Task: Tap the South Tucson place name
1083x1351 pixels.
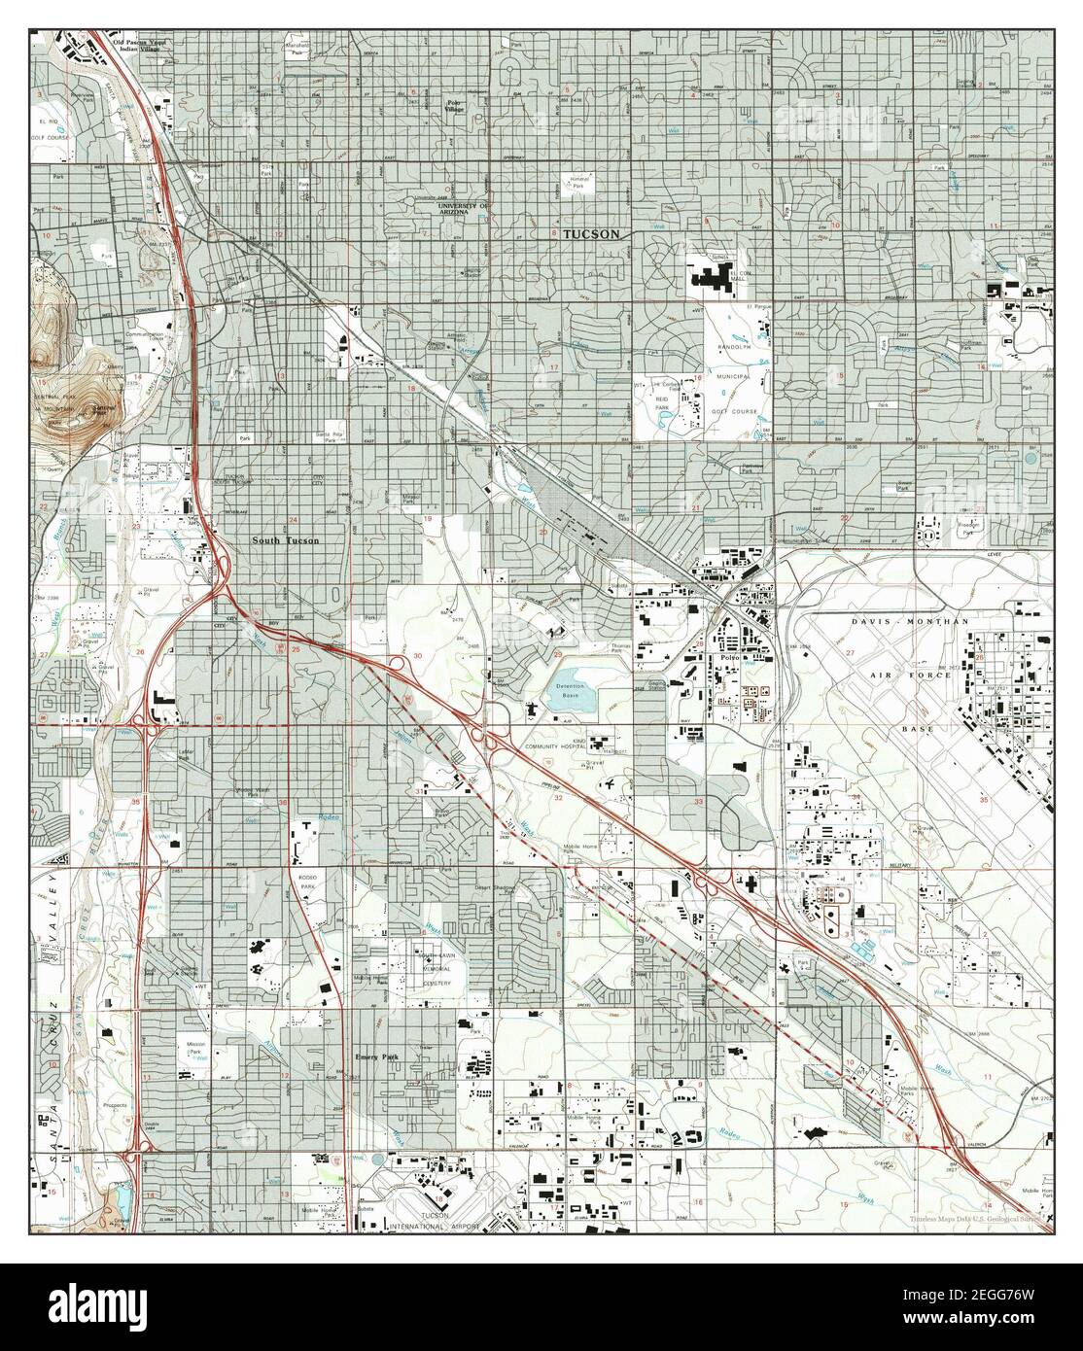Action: [286, 541]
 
